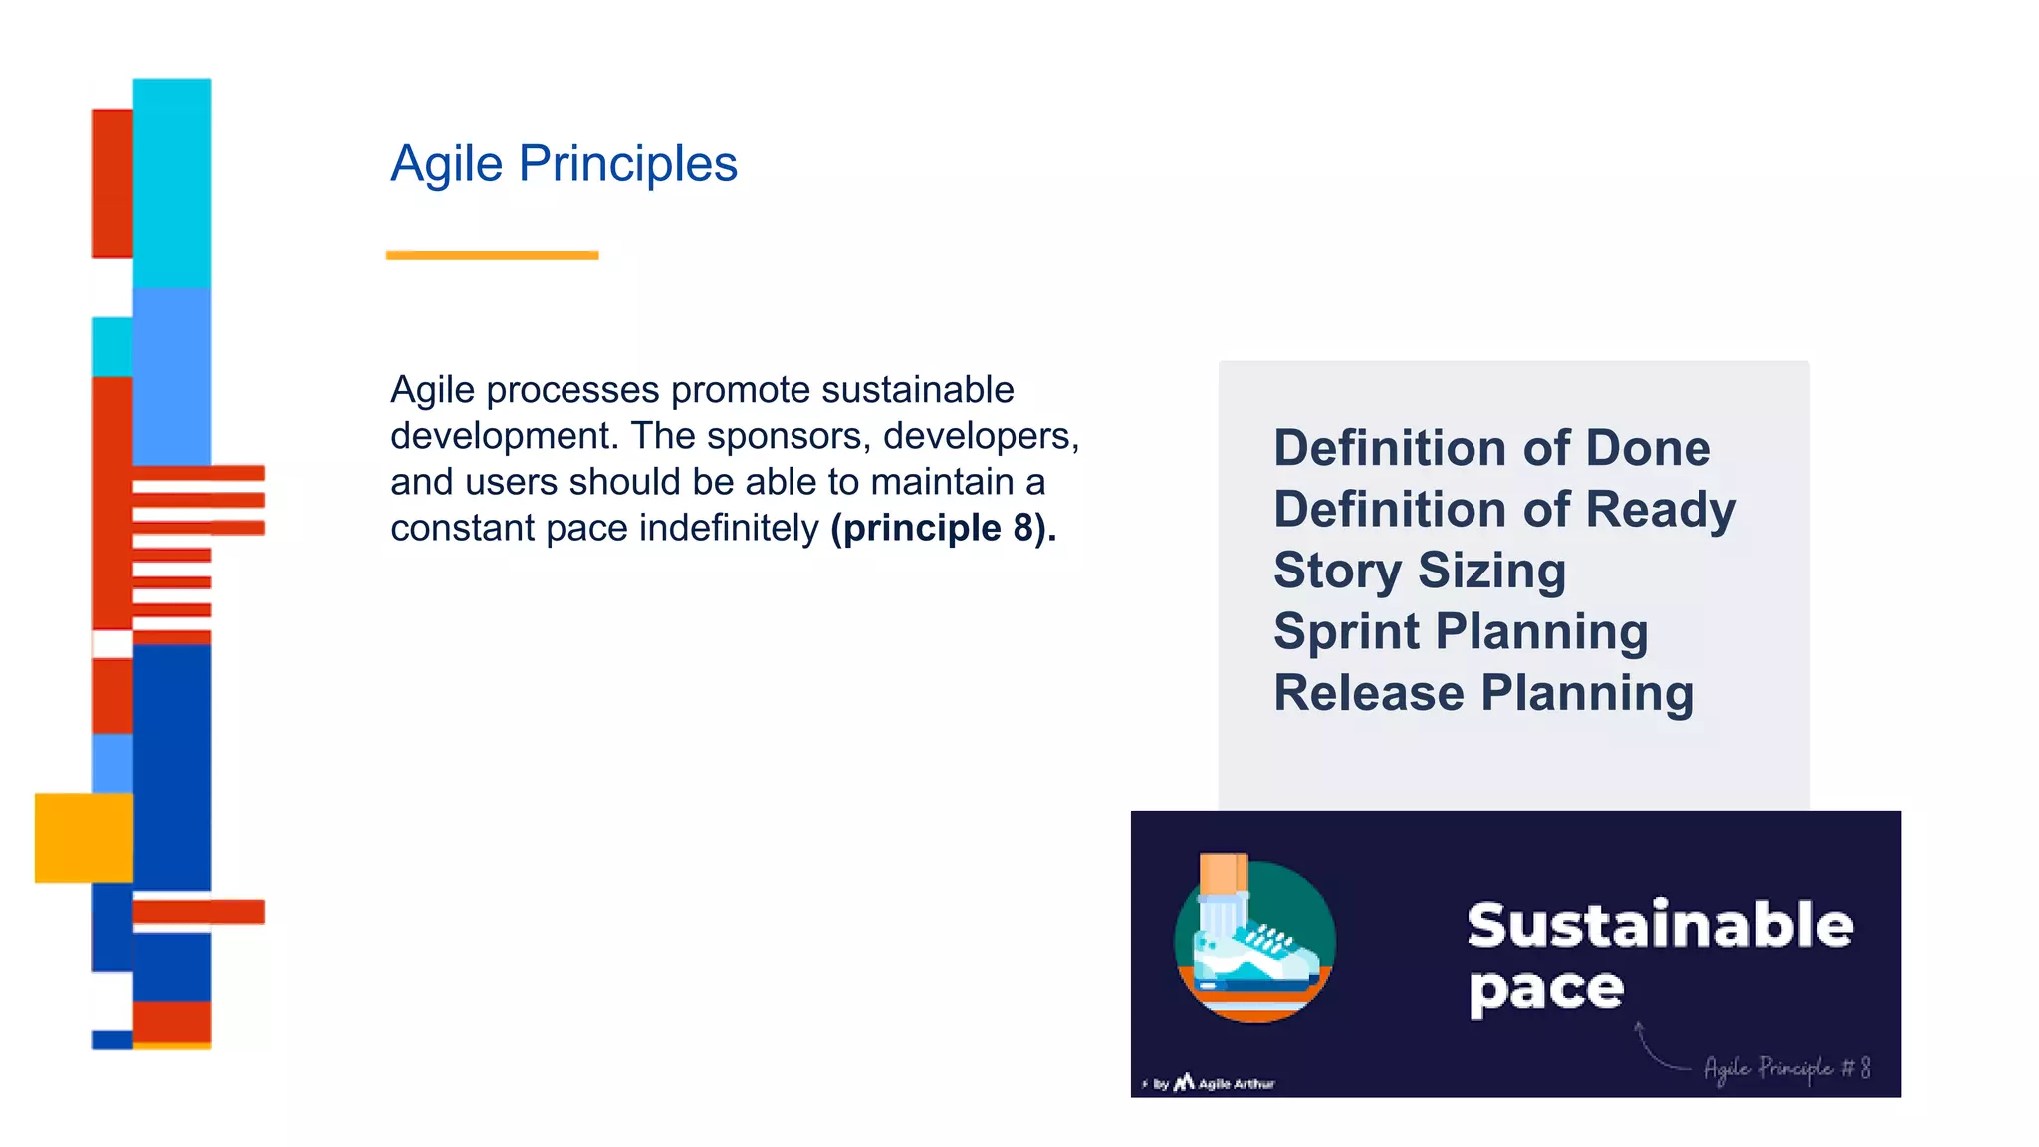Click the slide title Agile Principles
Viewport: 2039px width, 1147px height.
564,164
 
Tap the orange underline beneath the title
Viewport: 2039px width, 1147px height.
492,256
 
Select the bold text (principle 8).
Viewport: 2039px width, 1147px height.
943,528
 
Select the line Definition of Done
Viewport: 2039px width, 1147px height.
1491,448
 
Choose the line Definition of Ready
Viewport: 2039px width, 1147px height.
1504,510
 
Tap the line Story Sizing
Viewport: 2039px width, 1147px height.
1420,571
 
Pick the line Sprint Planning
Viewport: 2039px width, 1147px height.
1461,631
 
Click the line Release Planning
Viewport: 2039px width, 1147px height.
1483,693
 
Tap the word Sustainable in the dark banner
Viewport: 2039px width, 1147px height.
1660,925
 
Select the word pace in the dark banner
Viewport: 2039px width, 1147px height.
1546,989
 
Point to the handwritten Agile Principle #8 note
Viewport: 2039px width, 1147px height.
1786,1068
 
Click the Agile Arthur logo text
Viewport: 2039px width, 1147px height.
1235,1084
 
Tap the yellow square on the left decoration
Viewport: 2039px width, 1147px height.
84,837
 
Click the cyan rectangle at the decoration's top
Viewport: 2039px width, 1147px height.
172,179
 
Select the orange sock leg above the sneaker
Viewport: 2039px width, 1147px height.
1223,873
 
